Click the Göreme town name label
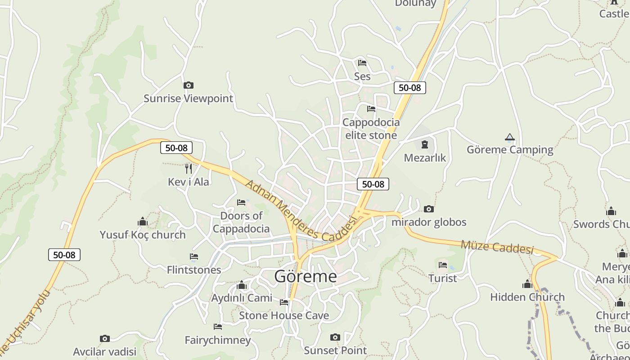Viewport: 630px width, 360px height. point(305,276)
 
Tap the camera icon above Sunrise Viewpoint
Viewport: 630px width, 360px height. point(189,85)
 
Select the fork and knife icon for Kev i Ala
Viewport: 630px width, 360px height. point(189,169)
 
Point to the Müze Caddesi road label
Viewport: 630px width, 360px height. point(497,247)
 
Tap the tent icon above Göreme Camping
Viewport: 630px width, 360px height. point(509,137)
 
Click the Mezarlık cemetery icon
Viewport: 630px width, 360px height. point(424,144)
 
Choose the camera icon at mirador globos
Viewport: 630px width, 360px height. point(429,209)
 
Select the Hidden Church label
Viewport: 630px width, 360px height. point(527,297)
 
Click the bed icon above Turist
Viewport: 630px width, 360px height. point(443,265)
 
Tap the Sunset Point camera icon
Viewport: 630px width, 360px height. point(335,337)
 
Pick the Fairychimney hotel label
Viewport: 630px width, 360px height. point(218,340)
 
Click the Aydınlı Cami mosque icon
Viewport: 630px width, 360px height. point(242,285)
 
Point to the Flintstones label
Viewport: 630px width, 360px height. point(194,270)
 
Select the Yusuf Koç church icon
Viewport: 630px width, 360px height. point(143,221)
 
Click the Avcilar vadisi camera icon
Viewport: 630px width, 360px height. point(104,338)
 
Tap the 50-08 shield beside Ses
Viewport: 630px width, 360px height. point(409,88)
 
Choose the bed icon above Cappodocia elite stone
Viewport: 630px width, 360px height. point(371,109)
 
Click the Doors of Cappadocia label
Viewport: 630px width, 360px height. point(241,222)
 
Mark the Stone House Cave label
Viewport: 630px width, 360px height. point(283,315)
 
